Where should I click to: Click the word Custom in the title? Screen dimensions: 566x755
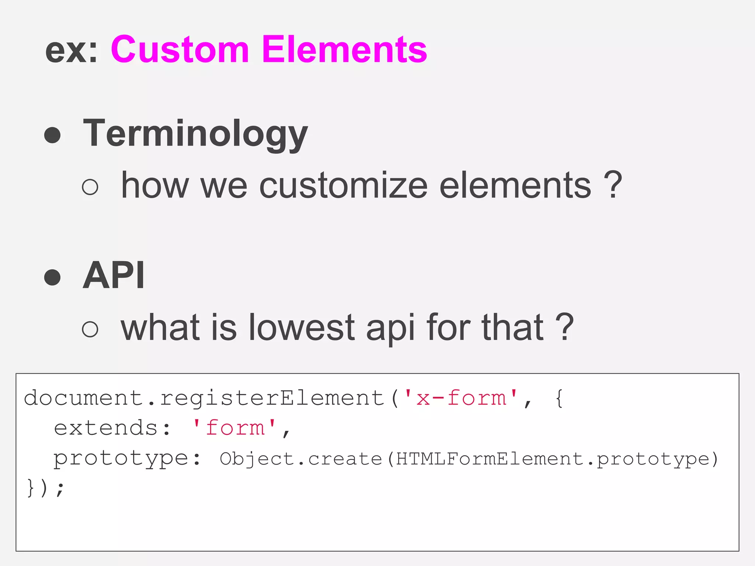pyautogui.click(x=180, y=50)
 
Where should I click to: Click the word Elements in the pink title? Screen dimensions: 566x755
pyautogui.click(x=344, y=50)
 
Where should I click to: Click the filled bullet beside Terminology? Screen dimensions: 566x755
pyautogui.click(x=52, y=135)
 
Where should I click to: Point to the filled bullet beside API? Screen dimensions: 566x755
pyautogui.click(x=52, y=277)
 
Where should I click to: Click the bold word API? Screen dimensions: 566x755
pyautogui.click(x=114, y=275)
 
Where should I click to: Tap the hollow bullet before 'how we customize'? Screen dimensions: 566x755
pyautogui.click(x=90, y=186)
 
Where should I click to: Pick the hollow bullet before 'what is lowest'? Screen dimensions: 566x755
pyautogui.click(x=90, y=328)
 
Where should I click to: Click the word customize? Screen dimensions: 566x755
pyautogui.click(x=344, y=185)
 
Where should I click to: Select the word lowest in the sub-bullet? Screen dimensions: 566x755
pyautogui.click(x=302, y=327)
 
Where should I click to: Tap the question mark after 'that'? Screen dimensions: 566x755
pyautogui.click(x=564, y=327)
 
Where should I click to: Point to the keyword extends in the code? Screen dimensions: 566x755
pyautogui.click(x=106, y=428)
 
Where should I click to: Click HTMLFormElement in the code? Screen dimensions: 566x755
pyautogui.click(x=490, y=459)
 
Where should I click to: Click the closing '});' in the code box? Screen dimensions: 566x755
pyautogui.click(x=45, y=488)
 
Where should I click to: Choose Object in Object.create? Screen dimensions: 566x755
pyautogui.click(x=257, y=459)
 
